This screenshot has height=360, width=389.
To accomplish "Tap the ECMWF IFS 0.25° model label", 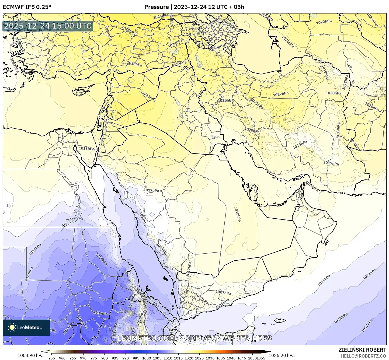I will tap(27, 7).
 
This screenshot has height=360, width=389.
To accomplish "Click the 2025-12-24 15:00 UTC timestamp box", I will tap(48, 26).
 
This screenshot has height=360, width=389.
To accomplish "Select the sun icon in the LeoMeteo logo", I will tap(12, 327).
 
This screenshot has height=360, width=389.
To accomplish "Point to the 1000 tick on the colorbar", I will tap(147, 358).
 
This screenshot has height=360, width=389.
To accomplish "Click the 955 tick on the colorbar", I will tap(52, 358).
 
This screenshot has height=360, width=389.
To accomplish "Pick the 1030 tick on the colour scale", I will tap(210, 358).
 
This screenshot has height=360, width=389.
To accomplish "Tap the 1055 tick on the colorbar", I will tap(261, 358).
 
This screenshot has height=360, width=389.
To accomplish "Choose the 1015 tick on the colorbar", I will tap(178, 358).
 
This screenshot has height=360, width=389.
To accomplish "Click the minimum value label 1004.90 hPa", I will tap(30, 355).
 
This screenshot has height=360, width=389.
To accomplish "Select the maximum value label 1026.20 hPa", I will tap(282, 355).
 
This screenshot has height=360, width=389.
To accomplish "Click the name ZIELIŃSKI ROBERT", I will tap(362, 350).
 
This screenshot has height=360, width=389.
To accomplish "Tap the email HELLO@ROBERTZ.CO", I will tap(364, 356).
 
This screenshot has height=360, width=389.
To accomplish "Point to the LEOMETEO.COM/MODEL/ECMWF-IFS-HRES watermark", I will tap(194, 338).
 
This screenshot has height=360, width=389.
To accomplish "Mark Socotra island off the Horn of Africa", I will tap(280, 320).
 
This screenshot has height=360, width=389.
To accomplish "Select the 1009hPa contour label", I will tap(101, 259).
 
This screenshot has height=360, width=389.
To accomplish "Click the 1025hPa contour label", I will tap(128, 30).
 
